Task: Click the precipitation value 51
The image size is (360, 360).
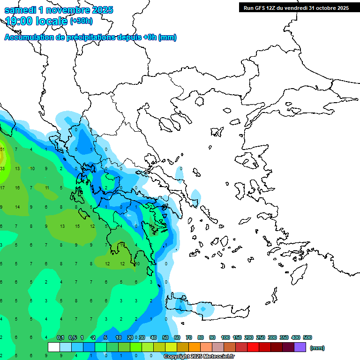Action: click(x=2, y=150)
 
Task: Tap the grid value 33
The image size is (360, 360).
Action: click(x=2, y=168)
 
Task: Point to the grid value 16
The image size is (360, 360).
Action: click(x=17, y=187)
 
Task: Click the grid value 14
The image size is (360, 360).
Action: click(x=17, y=207)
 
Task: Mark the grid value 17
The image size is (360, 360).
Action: click(x=2, y=187)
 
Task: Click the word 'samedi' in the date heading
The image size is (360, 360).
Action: click(x=20, y=10)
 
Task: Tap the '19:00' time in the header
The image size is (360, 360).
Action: click(x=18, y=21)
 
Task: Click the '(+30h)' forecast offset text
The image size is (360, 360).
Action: click(x=81, y=21)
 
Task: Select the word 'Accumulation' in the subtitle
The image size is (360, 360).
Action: click(x=28, y=37)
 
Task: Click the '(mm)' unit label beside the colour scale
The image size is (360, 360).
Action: click(x=317, y=348)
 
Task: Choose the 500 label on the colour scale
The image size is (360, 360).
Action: click(x=307, y=337)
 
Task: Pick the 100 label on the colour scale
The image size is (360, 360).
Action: click(x=225, y=337)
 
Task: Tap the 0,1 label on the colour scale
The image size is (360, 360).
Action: click(x=60, y=337)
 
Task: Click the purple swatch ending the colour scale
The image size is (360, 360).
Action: click(x=300, y=347)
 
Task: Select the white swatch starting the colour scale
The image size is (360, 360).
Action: click(x=54, y=347)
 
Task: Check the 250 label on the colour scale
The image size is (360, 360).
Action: click(x=261, y=337)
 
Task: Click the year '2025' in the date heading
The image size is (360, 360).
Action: click(x=99, y=10)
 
